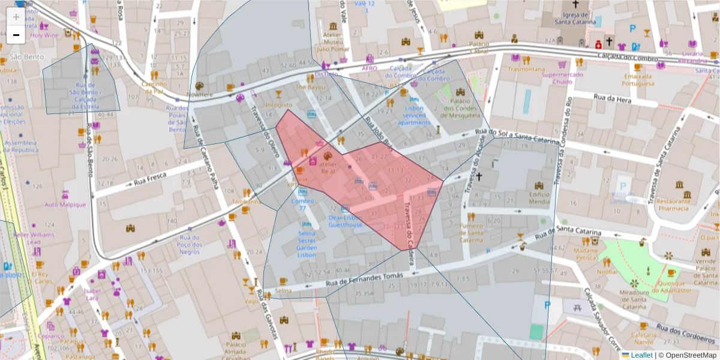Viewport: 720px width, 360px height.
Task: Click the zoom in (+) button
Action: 16,17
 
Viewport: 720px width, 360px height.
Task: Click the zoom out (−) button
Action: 16,35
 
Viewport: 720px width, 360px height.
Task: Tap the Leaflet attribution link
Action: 641,355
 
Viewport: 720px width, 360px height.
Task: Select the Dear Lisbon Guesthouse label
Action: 345,221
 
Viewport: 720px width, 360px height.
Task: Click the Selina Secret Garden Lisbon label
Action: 307,244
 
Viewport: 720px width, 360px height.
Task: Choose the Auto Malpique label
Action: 65,205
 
